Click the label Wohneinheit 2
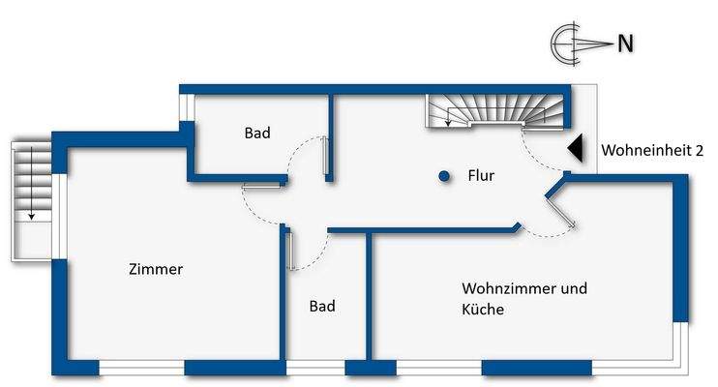click(x=651, y=150)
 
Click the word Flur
click(x=481, y=176)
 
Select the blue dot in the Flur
click(x=443, y=176)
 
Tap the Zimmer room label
click(x=156, y=269)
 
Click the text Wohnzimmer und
click(x=524, y=288)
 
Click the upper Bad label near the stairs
click(x=257, y=133)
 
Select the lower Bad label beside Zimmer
click(x=322, y=306)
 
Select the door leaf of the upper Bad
click(x=326, y=158)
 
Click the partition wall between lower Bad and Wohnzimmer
click(x=368, y=295)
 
